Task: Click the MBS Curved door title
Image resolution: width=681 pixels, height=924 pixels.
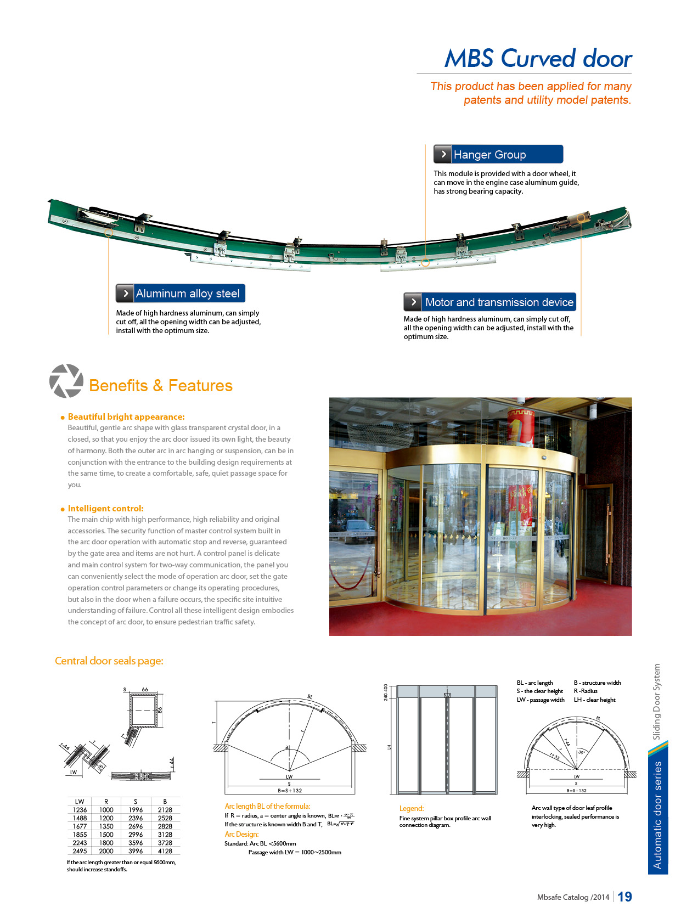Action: point(538,59)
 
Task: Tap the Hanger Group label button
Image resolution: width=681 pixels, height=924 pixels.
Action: point(498,155)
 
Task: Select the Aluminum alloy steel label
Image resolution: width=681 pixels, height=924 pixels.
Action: point(181,294)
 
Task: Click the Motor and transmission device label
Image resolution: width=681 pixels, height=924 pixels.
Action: point(490,302)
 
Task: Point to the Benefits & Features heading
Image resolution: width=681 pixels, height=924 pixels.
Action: point(160,386)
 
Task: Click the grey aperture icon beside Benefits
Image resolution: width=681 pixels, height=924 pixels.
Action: point(66,381)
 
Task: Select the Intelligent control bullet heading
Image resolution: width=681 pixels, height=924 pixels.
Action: point(105,509)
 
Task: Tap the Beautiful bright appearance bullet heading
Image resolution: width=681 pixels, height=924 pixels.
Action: point(126,417)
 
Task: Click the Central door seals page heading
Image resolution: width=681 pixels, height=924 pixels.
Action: point(109,661)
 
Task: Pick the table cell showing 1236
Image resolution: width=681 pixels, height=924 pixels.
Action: point(80,810)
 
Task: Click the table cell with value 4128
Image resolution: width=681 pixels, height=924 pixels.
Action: point(165,851)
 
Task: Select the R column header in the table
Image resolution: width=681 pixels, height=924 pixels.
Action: point(106,802)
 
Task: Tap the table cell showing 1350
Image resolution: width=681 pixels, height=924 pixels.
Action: point(106,826)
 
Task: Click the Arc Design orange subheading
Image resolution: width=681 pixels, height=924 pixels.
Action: point(241,835)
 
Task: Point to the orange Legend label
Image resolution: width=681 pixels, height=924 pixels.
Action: point(412,809)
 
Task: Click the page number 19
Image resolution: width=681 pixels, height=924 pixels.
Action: point(624,897)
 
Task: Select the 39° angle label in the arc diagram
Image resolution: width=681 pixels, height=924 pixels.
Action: point(582,752)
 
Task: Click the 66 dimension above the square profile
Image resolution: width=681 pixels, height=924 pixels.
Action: point(145,690)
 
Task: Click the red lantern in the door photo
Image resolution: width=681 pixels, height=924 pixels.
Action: point(520,424)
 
